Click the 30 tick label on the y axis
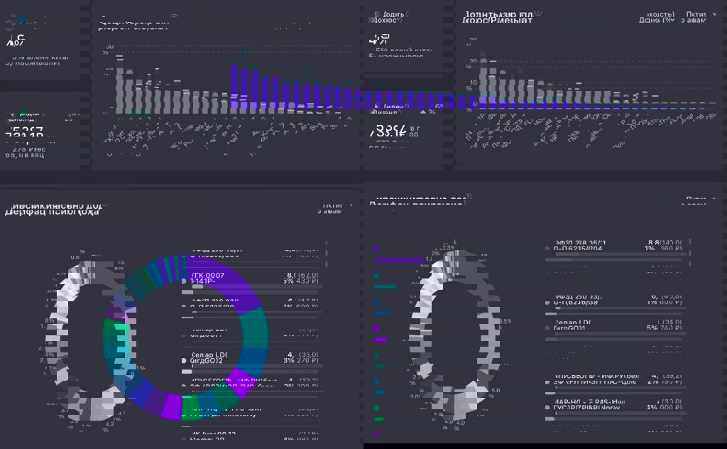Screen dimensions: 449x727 (x=109, y=47)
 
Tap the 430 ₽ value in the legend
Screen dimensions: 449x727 (x=306, y=281)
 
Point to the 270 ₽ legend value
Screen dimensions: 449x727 (x=306, y=361)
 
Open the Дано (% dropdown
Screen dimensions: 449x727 (x=656, y=21)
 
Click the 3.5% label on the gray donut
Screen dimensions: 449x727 (x=505, y=321)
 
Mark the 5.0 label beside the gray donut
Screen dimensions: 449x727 (x=495, y=390)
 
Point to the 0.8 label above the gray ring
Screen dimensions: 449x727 (x=75, y=257)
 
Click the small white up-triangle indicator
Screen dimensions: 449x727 (x=423, y=111)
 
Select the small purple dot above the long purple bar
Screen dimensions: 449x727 (x=377, y=249)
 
